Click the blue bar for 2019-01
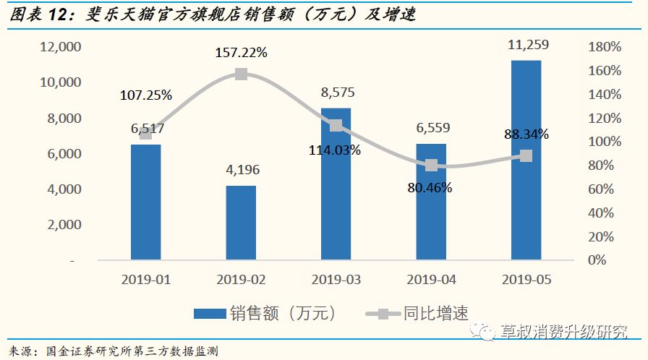click(x=145, y=202)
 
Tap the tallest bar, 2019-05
click(x=526, y=159)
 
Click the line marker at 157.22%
click(x=241, y=74)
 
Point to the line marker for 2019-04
click(x=431, y=166)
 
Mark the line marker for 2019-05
click(x=526, y=156)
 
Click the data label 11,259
click(x=527, y=45)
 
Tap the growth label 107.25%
click(x=146, y=95)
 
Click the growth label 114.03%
click(x=336, y=150)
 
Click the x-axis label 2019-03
click(x=336, y=279)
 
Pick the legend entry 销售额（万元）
click(x=265, y=313)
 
